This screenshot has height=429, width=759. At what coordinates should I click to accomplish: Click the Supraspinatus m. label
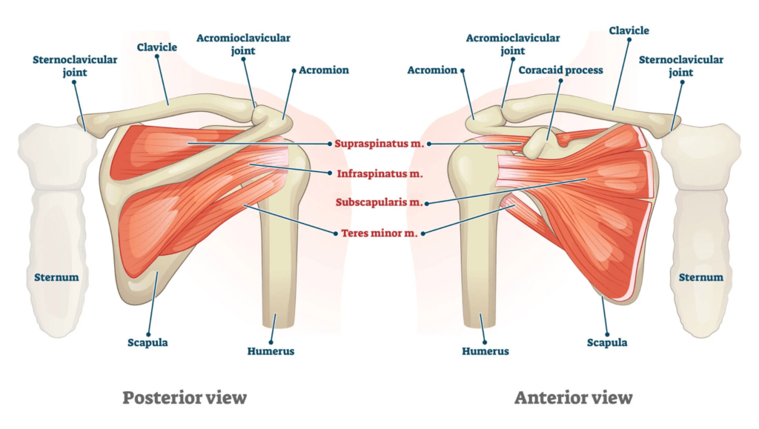pos(379,144)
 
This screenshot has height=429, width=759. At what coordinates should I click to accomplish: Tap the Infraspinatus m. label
pos(380,173)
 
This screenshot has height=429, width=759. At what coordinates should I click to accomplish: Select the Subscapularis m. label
pos(379,202)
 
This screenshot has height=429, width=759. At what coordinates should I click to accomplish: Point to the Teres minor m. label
pos(379,233)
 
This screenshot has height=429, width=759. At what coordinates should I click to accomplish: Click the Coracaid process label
pos(560,70)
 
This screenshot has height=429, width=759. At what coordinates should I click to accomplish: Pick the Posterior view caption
pos(185,398)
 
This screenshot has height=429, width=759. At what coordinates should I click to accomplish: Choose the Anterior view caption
pos(573,398)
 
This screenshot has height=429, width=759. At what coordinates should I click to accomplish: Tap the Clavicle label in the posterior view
pos(157,47)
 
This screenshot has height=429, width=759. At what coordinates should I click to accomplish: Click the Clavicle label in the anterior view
pos(629,30)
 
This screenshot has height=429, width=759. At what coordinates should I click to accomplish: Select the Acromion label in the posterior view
pos(324,70)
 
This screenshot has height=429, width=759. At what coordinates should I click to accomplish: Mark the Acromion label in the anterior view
pos(432,70)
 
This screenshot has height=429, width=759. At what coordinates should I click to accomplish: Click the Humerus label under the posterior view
pos(271,351)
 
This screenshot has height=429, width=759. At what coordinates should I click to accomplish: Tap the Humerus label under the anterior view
pos(485,351)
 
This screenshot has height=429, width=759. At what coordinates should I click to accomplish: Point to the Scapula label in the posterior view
pos(148,342)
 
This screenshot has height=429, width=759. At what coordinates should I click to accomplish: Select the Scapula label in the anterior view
pos(607,342)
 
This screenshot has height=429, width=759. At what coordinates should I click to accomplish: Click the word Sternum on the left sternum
pos(56,277)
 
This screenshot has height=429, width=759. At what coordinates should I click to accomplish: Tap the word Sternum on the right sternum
pos(701,277)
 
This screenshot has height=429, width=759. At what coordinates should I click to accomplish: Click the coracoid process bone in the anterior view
pos(537,143)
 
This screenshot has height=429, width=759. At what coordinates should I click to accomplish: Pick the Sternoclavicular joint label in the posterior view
pos(75,66)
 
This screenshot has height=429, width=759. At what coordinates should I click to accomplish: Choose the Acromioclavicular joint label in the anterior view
pos(513,44)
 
